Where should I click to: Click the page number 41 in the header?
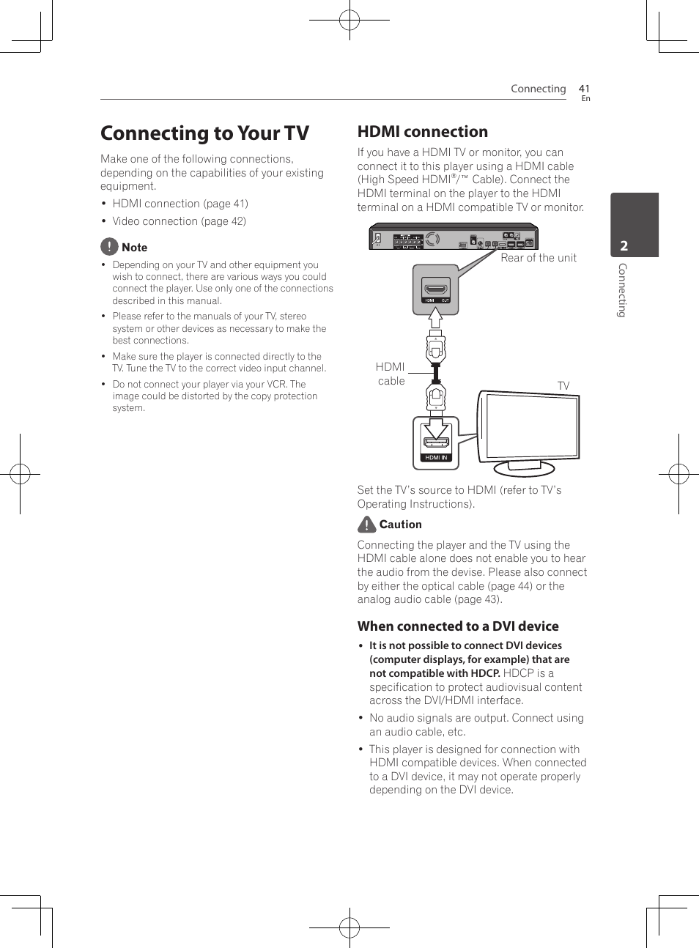pyautogui.click(x=584, y=89)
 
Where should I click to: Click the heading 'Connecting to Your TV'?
pyautogui.click(x=204, y=133)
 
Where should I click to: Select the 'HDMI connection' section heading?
pyautogui.click(x=422, y=132)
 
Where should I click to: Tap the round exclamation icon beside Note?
pyautogui.click(x=109, y=247)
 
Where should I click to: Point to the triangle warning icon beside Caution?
pyautogui.click(x=366, y=525)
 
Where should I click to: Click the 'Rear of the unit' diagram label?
pyautogui.click(x=539, y=258)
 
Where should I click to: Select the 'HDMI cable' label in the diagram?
pyautogui.click(x=391, y=374)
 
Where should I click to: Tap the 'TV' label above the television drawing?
pyautogui.click(x=563, y=386)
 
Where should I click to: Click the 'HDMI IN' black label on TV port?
pyautogui.click(x=436, y=457)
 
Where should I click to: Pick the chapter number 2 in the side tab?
pyautogui.click(x=624, y=246)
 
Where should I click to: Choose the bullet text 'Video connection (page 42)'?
pyautogui.click(x=179, y=221)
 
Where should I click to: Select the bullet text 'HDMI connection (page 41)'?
pyautogui.click(x=180, y=204)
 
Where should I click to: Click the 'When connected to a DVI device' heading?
pyautogui.click(x=458, y=626)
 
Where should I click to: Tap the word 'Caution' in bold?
pyautogui.click(x=401, y=525)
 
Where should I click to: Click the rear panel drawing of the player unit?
pyautogui.click(x=453, y=238)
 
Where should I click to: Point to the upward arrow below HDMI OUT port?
pyautogui.click(x=435, y=318)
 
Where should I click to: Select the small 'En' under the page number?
pyautogui.click(x=585, y=99)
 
